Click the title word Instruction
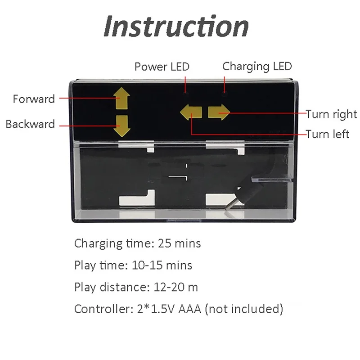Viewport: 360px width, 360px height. coord(176,27)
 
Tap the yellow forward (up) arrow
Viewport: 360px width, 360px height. coord(121,99)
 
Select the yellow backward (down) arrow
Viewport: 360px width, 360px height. coord(121,126)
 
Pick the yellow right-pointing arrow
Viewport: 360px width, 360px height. coord(219,112)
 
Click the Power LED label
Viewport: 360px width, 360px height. coord(162,67)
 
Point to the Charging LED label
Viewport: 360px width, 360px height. coord(257,67)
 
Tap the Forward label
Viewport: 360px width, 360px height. coord(34,99)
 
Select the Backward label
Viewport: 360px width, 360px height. coord(30,124)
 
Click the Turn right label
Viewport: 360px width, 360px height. coord(331,114)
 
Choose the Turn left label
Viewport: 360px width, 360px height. coord(328,134)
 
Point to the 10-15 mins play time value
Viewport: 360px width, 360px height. coord(162,265)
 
